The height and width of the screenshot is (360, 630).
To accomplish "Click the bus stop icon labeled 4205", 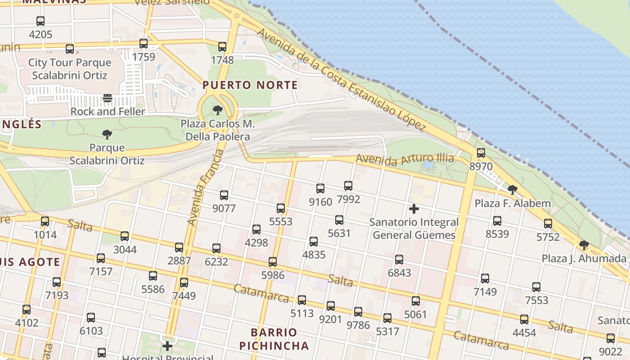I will (x=40, y=21).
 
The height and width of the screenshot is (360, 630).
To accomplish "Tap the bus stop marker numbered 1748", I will (x=222, y=46).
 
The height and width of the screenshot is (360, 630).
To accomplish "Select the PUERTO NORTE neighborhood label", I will (x=250, y=85).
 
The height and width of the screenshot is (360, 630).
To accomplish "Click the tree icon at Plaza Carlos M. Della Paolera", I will (x=218, y=110).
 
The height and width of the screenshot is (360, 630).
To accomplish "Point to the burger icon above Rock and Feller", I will (x=108, y=98).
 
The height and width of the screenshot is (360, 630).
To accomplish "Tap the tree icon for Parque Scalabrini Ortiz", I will (x=107, y=134).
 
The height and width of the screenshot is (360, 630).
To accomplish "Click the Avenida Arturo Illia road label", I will (x=405, y=160).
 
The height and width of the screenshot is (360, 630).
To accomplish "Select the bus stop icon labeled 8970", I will (x=481, y=153).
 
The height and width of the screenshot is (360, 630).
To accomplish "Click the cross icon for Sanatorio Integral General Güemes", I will (x=414, y=209).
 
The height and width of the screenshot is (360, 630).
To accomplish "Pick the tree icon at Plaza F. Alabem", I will (x=512, y=190).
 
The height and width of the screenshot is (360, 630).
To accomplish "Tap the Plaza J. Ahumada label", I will (x=584, y=259).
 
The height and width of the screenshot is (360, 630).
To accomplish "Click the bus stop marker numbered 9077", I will (x=224, y=195).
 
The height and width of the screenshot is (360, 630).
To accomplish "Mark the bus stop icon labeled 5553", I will (x=281, y=208).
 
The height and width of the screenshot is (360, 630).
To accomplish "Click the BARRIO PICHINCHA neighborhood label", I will (x=274, y=339).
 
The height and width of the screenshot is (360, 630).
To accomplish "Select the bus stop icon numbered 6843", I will (x=399, y=259).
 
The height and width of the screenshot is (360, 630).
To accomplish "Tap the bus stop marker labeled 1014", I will (x=45, y=221).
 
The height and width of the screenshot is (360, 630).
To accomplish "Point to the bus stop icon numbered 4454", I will (x=524, y=319).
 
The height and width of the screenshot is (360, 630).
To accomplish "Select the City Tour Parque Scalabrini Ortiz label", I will (x=70, y=69).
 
